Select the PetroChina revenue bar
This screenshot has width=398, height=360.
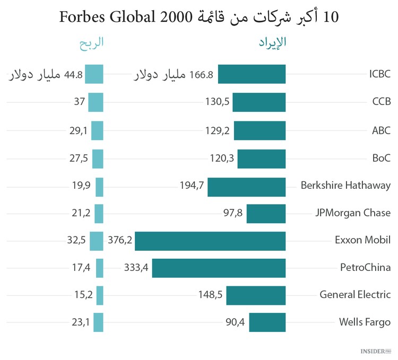(x=219, y=268)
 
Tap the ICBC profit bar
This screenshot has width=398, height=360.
(x=94, y=74)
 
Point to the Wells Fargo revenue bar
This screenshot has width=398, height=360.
(x=267, y=322)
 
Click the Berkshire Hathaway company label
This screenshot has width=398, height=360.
(x=345, y=186)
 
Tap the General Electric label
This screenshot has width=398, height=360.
(x=355, y=294)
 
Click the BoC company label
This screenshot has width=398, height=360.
(x=380, y=158)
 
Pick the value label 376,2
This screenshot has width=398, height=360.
(x=119, y=240)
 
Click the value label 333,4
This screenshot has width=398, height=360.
(x=136, y=268)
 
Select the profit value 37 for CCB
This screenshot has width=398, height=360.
(x=79, y=102)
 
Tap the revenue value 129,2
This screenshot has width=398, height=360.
(x=218, y=130)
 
